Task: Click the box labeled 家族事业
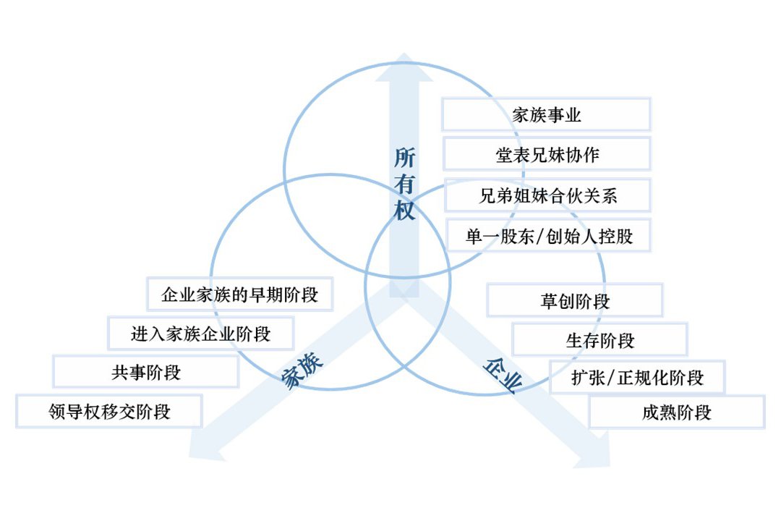point(546,114)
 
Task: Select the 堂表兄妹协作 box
point(546,154)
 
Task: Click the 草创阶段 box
point(575,300)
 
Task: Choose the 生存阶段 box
point(599,339)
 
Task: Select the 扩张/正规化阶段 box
point(637,377)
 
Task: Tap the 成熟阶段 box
point(676,412)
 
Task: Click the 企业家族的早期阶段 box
point(239,295)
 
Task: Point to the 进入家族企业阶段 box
point(201,334)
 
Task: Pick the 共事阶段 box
point(146,372)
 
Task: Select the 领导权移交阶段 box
point(109,411)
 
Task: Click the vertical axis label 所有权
point(405,185)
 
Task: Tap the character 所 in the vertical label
point(405,158)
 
